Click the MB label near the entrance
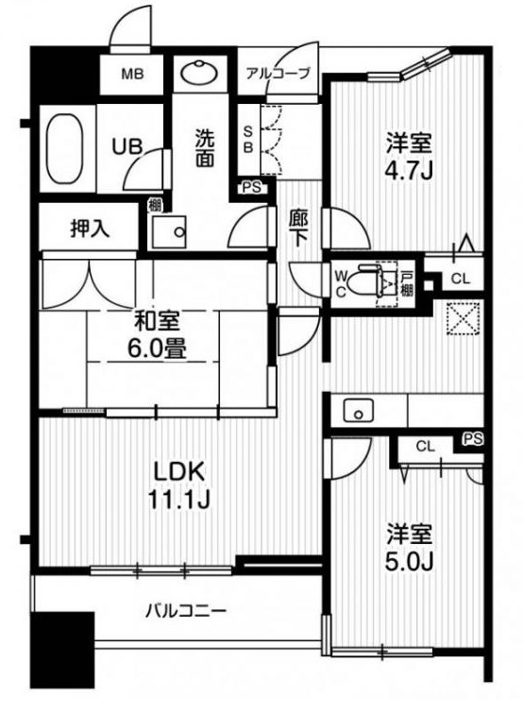[131, 75]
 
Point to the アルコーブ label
[278, 73]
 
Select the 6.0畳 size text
[158, 348]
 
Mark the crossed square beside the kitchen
[463, 317]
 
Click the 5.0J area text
[409, 562]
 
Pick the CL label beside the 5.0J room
[425, 446]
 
